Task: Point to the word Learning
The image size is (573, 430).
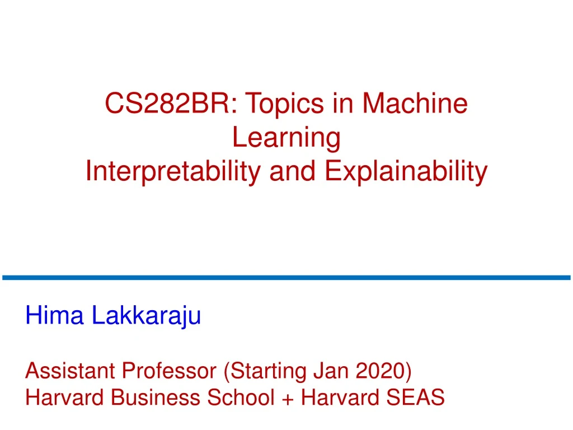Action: pyautogui.click(x=286, y=138)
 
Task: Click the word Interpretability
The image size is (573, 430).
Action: pyautogui.click(x=173, y=171)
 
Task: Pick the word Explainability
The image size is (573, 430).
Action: pyautogui.click(x=406, y=171)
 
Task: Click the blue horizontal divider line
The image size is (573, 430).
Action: pyautogui.click(x=286, y=277)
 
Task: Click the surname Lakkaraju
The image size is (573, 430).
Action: pyautogui.click(x=146, y=317)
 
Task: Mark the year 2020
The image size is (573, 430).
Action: pyautogui.click(x=381, y=371)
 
